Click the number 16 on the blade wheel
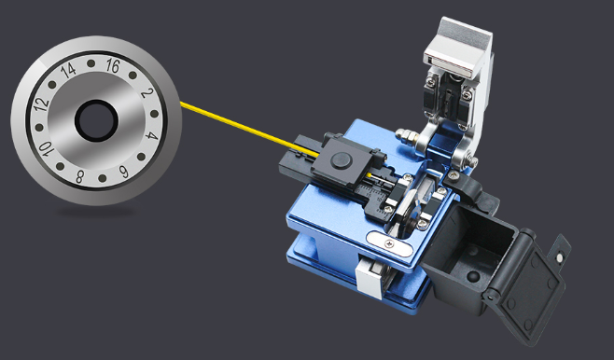point(113,66)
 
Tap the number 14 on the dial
point(69,70)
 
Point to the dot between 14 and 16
point(91,63)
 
